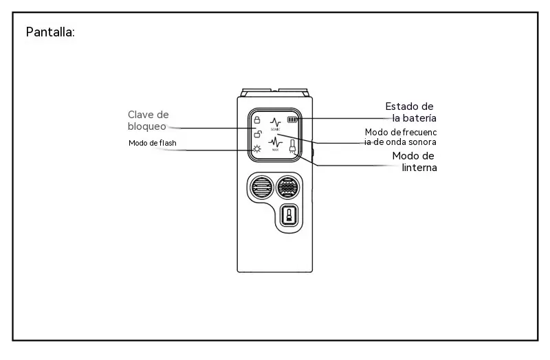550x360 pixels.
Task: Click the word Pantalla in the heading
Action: [x=49, y=32]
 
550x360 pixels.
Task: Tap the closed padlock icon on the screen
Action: [x=256, y=120]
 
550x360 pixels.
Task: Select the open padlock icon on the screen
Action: [x=258, y=134]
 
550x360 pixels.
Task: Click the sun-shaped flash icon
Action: [x=257, y=149]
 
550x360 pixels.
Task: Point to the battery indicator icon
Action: [x=292, y=120]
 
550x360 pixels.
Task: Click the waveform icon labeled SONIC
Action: [x=276, y=124]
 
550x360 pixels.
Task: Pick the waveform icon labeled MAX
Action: [x=276, y=144]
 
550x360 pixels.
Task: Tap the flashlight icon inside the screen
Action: [x=292, y=146]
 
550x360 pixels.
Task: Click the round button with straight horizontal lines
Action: [x=261, y=187]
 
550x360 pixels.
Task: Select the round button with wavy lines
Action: [x=287, y=187]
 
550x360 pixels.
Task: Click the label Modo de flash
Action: [x=152, y=143]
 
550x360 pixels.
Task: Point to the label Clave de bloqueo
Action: [x=148, y=120]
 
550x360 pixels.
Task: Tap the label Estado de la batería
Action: [x=410, y=112]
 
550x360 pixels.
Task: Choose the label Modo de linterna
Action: [x=415, y=161]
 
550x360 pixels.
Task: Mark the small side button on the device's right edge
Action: [x=313, y=153]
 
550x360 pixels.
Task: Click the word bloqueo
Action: [x=147, y=126]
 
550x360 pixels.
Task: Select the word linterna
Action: [x=419, y=168]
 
